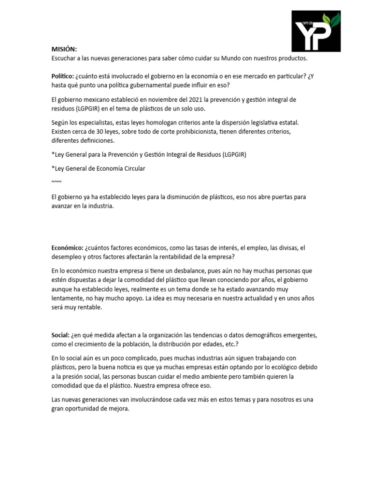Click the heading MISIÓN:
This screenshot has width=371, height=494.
coord(64,49)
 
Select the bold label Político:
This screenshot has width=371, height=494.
coord(62,76)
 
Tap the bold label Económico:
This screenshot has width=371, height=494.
coord(67,247)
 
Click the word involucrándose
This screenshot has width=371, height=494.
coord(147,399)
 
